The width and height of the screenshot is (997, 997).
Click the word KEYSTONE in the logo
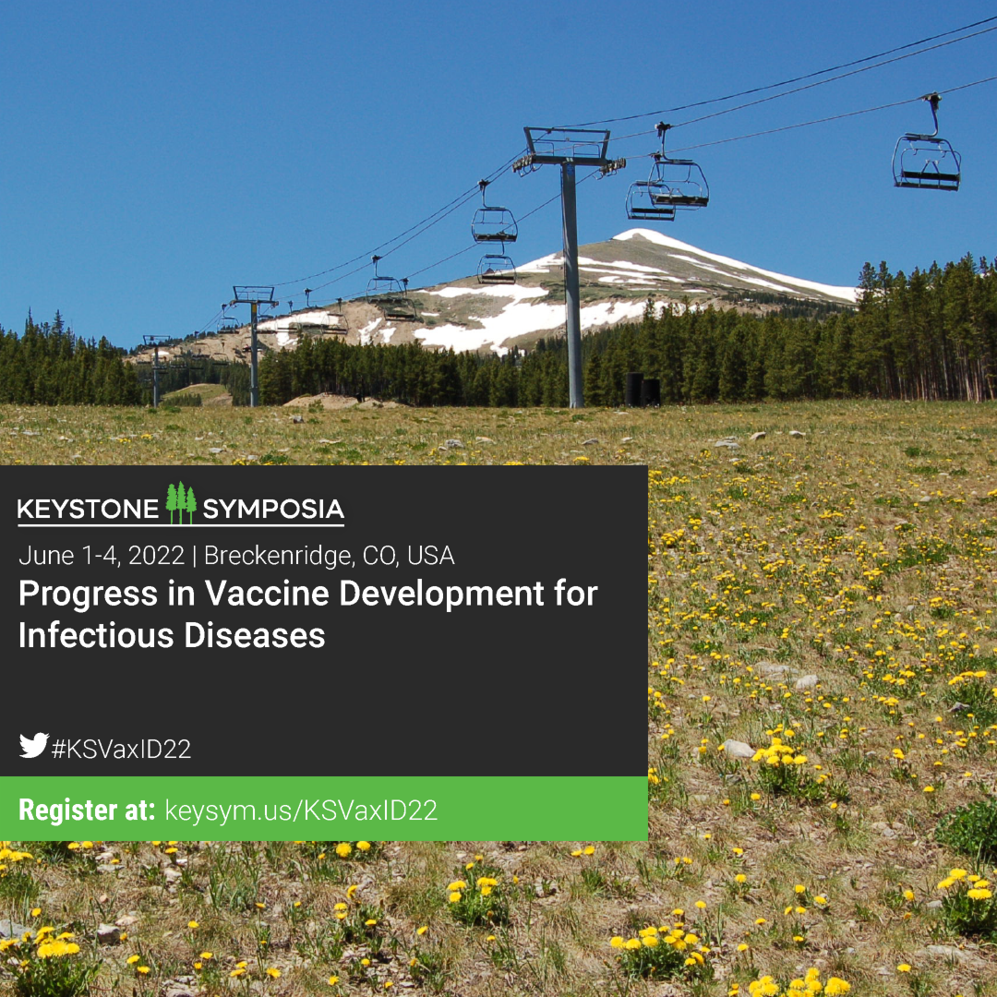88,510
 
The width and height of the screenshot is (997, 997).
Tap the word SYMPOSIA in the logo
273,510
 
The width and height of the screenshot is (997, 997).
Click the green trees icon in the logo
181,503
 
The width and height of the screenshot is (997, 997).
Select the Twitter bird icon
34,745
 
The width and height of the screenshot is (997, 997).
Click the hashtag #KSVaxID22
121,749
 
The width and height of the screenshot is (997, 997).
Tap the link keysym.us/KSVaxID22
301,811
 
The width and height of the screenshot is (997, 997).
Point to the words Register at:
87,811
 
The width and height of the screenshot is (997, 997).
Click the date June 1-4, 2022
102,556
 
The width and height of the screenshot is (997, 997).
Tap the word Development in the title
441,595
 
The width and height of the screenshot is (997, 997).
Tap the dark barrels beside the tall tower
643,390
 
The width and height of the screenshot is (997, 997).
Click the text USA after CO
430,556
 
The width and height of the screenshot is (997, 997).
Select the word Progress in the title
89,595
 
